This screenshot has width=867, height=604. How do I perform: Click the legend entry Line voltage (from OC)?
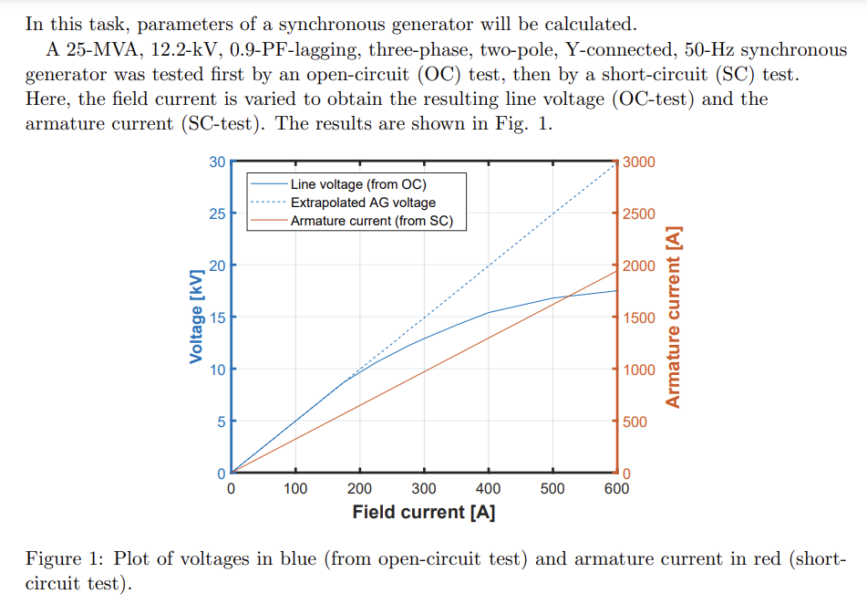[x=357, y=184]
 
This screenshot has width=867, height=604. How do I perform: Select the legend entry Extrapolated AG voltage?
[x=363, y=203]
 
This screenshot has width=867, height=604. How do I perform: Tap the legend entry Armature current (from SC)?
[x=371, y=221]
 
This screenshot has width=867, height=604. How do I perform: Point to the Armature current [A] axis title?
[x=674, y=318]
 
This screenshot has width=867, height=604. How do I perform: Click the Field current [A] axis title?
[x=424, y=512]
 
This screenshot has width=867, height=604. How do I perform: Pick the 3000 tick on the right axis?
[x=639, y=162]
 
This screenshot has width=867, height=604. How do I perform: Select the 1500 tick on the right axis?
[x=639, y=318]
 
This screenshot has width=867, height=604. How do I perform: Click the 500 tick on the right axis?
[x=635, y=422]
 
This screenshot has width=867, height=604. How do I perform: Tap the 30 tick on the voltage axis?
[x=217, y=162]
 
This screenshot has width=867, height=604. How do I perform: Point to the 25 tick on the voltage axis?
[x=217, y=214]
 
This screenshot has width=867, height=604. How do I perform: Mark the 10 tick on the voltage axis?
[x=217, y=370]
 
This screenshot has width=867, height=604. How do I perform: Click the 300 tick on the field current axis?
[x=424, y=488]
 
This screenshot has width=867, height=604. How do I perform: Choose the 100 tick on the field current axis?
[x=295, y=488]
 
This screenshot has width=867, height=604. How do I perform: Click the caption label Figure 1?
[x=61, y=558]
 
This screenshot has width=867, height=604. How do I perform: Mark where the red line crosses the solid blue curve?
[x=568, y=295]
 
